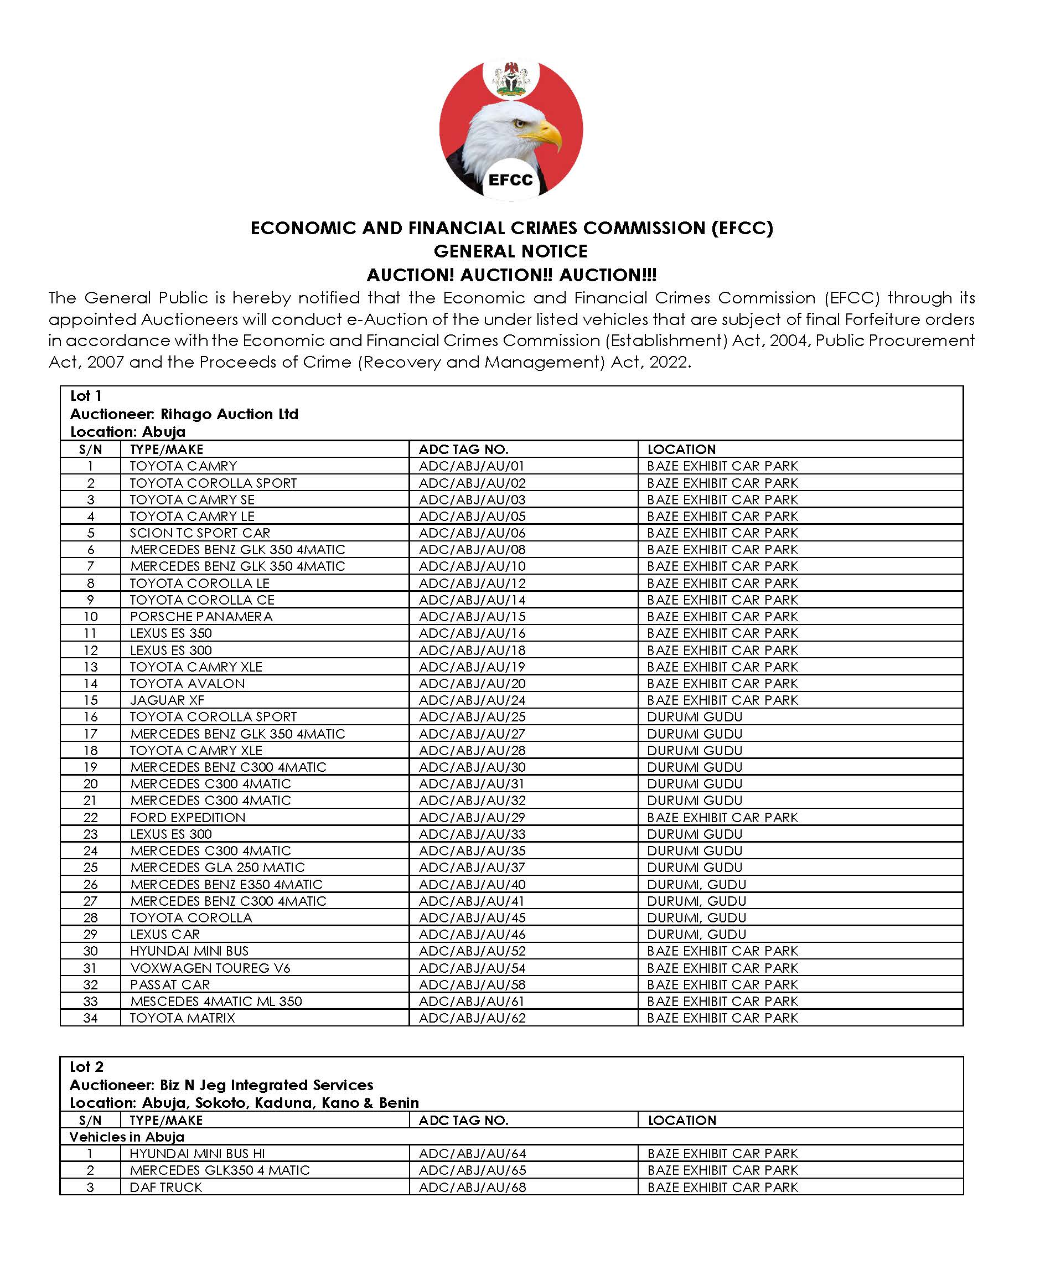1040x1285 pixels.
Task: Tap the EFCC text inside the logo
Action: tap(510, 180)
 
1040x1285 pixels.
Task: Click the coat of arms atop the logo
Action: tap(511, 79)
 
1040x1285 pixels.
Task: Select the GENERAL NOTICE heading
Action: tap(510, 251)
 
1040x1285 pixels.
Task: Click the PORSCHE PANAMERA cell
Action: tap(201, 616)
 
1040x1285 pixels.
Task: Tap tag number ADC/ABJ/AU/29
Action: tap(472, 817)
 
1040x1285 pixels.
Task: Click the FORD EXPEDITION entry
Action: tap(188, 817)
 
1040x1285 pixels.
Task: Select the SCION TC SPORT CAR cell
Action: tap(200, 533)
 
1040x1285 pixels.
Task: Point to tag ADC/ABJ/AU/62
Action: tap(472, 1018)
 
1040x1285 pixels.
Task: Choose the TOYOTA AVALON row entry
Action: tap(188, 683)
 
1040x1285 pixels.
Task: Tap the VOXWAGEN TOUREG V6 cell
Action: tap(210, 967)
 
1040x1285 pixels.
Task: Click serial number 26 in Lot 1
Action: tap(90, 884)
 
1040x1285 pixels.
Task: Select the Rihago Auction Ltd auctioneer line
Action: tap(184, 414)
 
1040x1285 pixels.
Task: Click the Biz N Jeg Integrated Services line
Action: tap(221, 1085)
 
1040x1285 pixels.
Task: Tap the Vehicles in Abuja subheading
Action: tap(127, 1137)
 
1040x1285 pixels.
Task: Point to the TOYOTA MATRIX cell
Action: tap(183, 1018)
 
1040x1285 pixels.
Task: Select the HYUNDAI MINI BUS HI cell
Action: tap(197, 1153)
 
